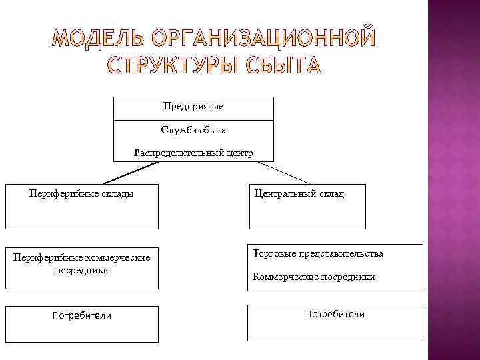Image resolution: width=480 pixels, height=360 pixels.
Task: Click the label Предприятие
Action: click(x=193, y=107)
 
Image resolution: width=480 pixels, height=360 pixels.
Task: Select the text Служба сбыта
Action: click(x=193, y=129)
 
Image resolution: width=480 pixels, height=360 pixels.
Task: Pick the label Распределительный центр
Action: click(x=193, y=153)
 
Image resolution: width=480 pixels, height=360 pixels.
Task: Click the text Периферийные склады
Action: click(x=81, y=193)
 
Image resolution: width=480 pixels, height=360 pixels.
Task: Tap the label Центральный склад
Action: click(x=299, y=193)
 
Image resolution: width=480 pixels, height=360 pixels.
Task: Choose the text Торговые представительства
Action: click(x=318, y=254)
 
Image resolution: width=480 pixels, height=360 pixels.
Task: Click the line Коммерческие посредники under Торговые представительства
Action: click(x=313, y=277)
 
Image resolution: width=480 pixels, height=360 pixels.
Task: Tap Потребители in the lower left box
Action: click(x=82, y=315)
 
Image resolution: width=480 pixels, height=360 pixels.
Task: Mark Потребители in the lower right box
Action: click(x=335, y=314)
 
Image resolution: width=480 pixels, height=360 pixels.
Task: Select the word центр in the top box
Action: click(x=239, y=153)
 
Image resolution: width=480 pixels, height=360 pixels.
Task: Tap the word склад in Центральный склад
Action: click(x=331, y=193)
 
